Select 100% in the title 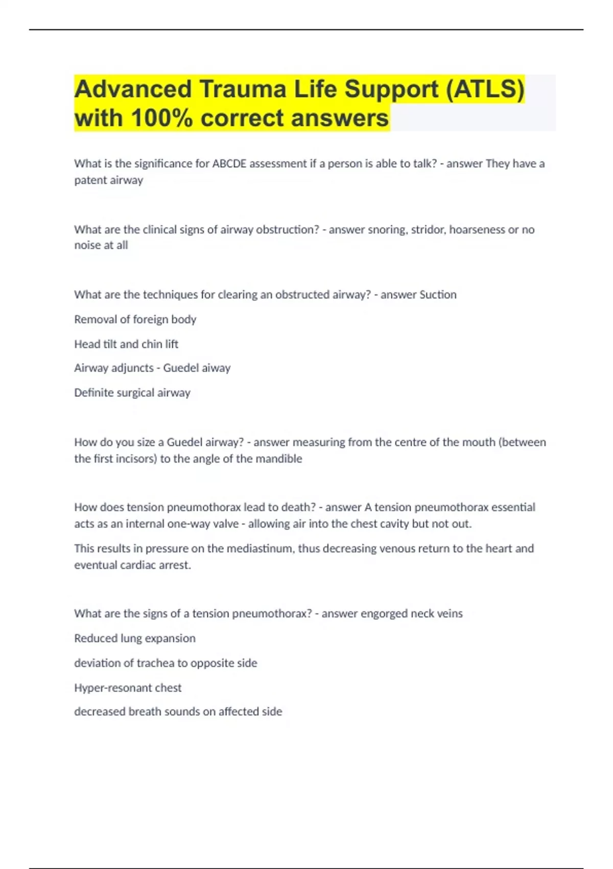coord(162,118)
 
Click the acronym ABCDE coord(229,164)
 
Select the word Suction coord(437,294)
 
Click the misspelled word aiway coord(216,368)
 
